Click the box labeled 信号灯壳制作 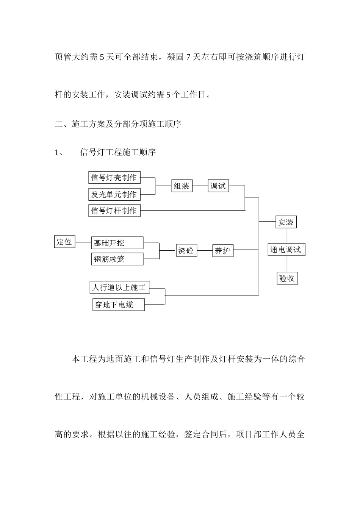(114, 177)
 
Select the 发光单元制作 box (114, 195)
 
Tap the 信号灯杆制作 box (114, 211)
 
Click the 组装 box (182, 186)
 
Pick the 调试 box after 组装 (218, 186)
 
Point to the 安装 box (286, 222)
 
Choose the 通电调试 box (286, 250)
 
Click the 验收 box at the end (287, 278)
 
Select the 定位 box (65, 242)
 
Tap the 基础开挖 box (117, 243)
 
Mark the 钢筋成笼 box (117, 259)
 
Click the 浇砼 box (186, 250)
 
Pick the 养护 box (222, 251)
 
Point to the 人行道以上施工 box (119, 287)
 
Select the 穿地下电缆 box (118, 304)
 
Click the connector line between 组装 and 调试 (200, 186)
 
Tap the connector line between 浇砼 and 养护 (204, 250)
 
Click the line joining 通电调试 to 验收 (287, 264)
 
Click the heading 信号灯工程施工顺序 (118, 153)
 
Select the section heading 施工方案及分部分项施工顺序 (126, 124)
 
